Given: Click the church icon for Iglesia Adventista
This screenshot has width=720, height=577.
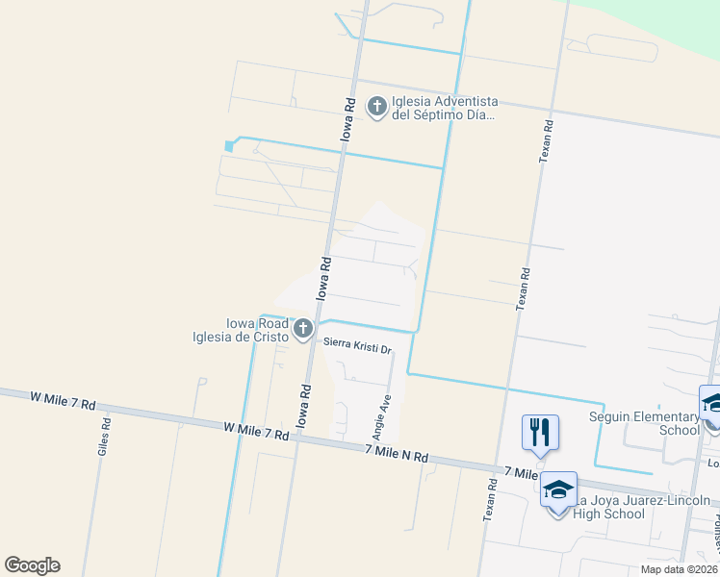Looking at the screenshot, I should [376, 107].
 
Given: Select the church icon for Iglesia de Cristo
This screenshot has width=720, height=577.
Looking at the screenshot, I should [303, 330].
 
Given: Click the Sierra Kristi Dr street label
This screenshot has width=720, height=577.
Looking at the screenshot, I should [357, 349].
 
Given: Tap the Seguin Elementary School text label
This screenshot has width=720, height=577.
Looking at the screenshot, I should [644, 423].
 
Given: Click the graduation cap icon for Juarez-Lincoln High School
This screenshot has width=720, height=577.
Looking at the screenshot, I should [558, 490].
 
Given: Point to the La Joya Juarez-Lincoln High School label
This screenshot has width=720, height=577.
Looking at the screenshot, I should [638, 507].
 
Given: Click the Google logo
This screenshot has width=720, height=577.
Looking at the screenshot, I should [32, 565].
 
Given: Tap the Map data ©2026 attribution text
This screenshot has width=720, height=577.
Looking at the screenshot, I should [680, 569].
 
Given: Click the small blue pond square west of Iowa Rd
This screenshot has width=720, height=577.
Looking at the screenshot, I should [229, 146].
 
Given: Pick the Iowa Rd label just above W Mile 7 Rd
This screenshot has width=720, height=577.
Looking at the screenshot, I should [304, 406].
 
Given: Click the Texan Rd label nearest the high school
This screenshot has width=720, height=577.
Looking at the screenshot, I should [490, 501].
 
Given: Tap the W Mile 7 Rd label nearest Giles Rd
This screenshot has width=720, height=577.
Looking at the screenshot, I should [64, 400].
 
